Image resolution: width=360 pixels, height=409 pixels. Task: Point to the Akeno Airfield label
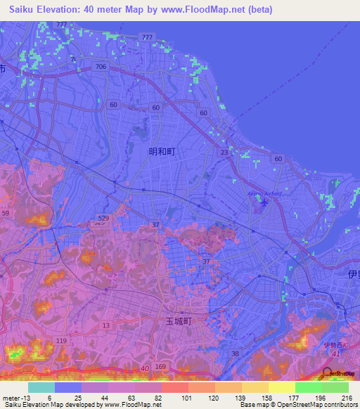[264, 194]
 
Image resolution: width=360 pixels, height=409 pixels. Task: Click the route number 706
[101, 66]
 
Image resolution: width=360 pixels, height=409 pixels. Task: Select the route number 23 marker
[224, 152]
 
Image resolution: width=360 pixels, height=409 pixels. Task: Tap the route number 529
[103, 219]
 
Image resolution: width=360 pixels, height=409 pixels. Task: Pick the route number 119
[61, 341]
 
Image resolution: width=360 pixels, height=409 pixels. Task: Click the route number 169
[160, 367]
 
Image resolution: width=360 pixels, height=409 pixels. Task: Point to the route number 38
[235, 353]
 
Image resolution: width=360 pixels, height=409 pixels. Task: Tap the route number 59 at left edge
[5, 212]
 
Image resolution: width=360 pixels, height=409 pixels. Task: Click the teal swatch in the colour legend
[41, 387]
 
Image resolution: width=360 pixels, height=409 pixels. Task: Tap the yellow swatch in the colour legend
[282, 387]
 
